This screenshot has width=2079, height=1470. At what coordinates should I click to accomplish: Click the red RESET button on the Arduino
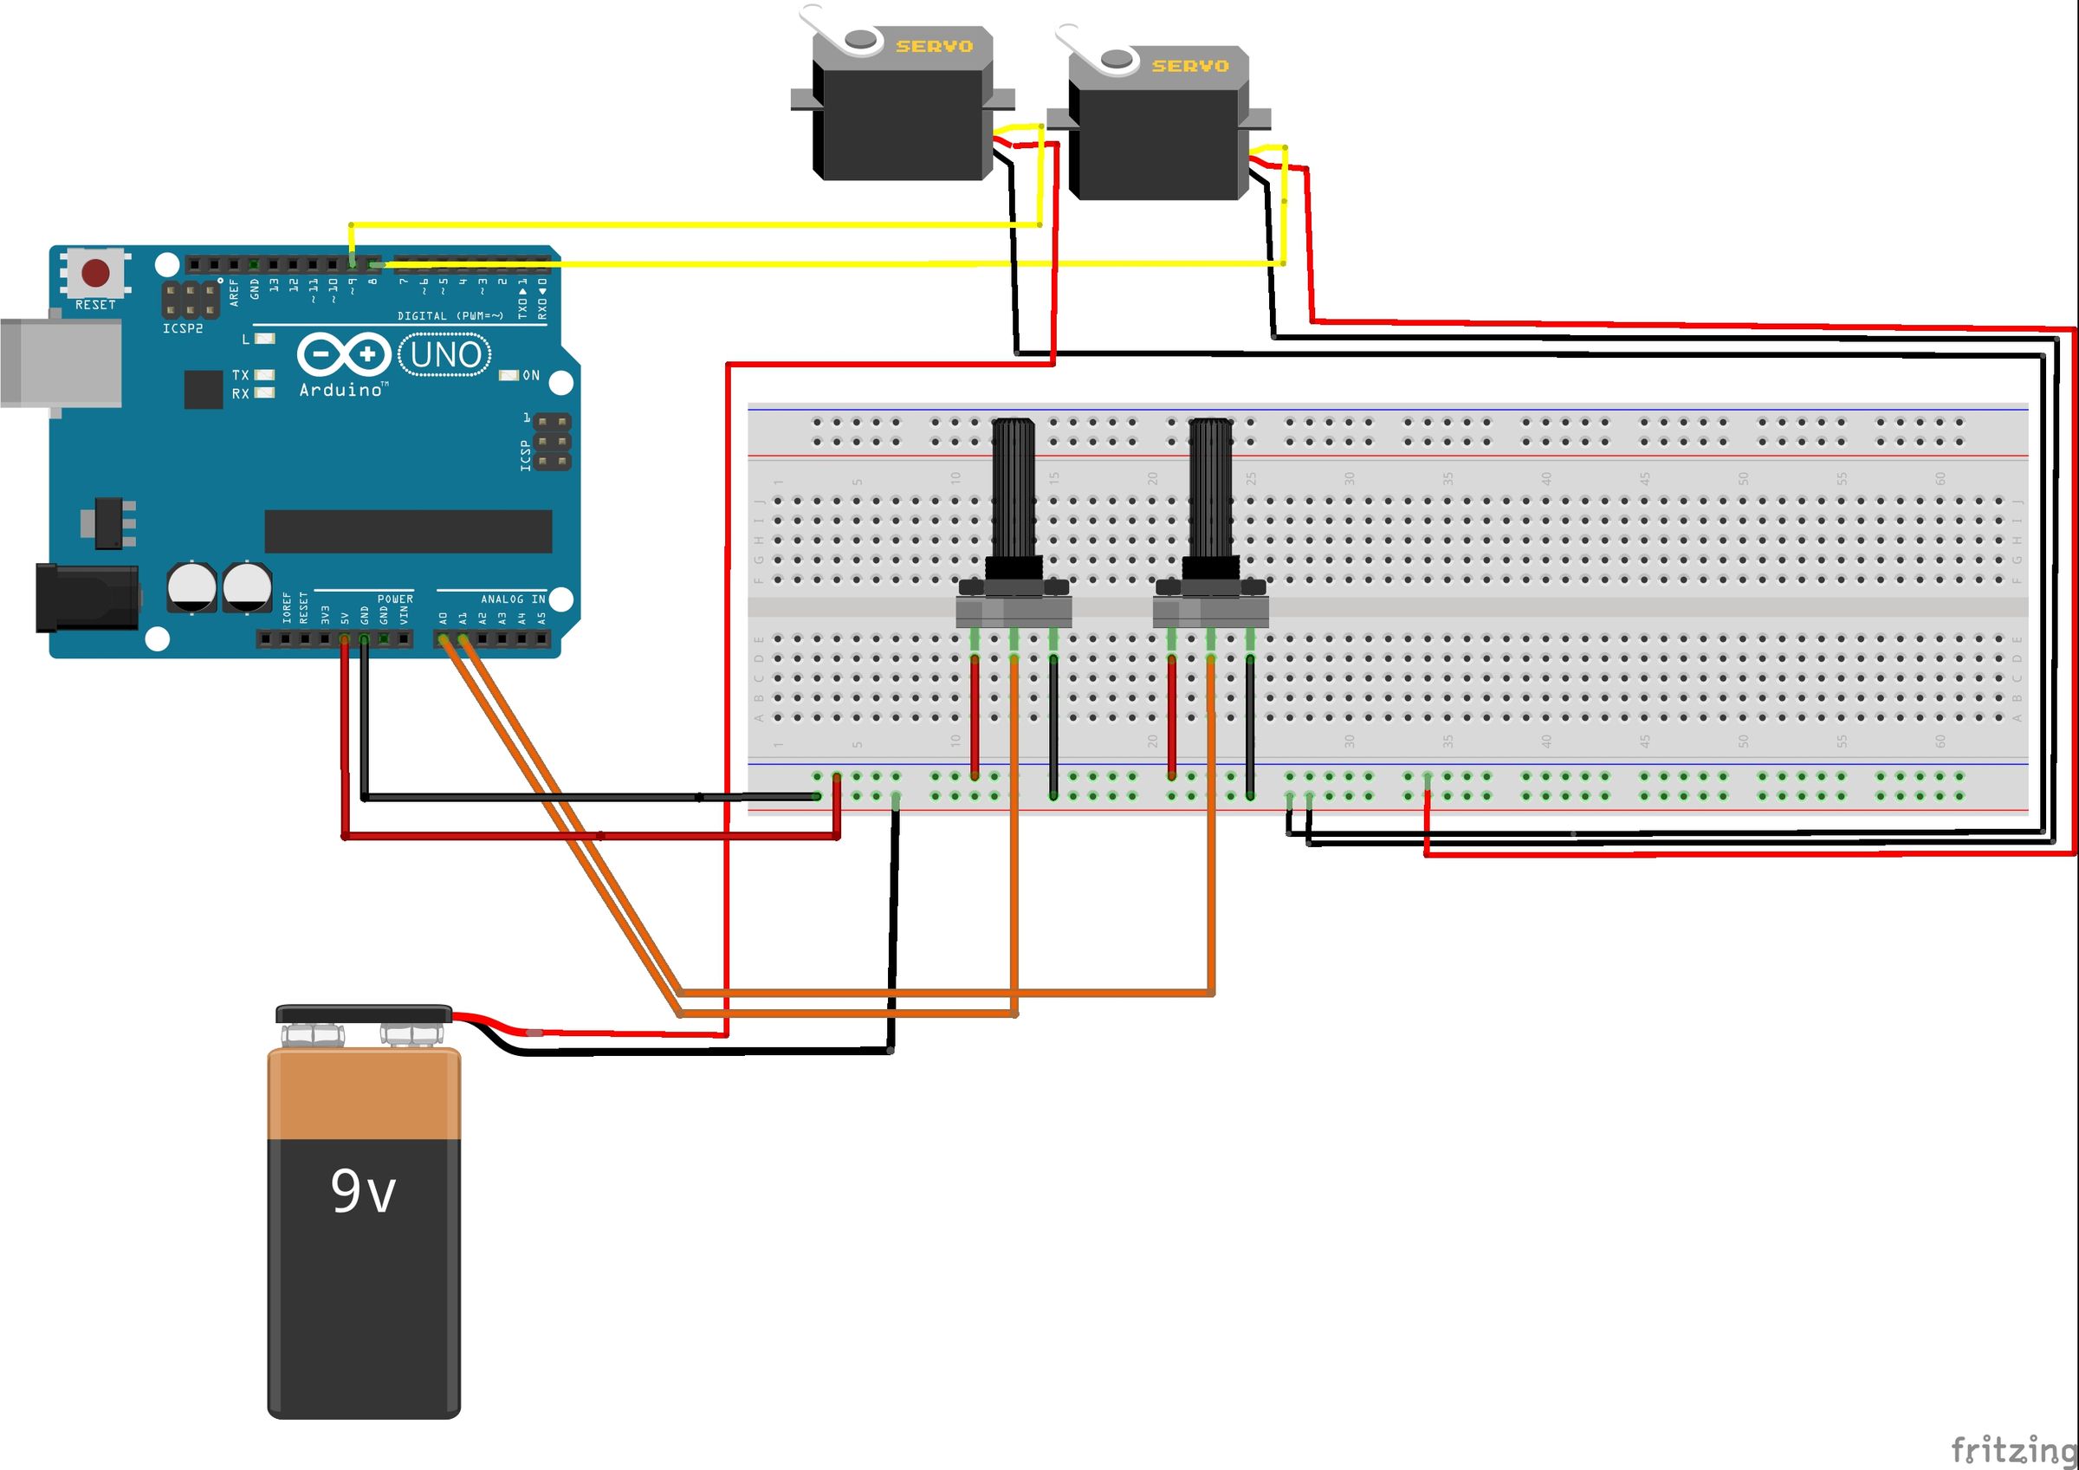(96, 273)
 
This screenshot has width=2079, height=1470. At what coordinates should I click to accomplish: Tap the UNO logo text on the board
(444, 354)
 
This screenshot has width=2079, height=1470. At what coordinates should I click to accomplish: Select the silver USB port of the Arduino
(60, 362)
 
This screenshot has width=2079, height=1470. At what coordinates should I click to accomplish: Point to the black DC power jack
(87, 597)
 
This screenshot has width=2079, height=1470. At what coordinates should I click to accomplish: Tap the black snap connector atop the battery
(363, 1013)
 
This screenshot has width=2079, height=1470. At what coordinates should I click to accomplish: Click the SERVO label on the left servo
(934, 46)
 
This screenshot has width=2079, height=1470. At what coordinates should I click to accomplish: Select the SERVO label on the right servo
(1190, 66)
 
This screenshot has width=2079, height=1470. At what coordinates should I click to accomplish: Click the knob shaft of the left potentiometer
(1014, 489)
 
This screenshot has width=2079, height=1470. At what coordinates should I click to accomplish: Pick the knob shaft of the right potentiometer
(1210, 489)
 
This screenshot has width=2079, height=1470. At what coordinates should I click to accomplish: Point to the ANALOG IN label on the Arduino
(513, 599)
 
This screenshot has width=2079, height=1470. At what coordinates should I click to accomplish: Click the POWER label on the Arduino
(395, 599)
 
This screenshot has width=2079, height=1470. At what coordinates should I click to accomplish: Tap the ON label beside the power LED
(531, 375)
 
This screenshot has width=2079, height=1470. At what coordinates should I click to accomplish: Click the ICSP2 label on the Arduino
(183, 329)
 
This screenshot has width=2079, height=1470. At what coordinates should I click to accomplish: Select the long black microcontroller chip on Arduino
(407, 531)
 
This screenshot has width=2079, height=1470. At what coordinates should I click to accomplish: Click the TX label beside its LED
(240, 374)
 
